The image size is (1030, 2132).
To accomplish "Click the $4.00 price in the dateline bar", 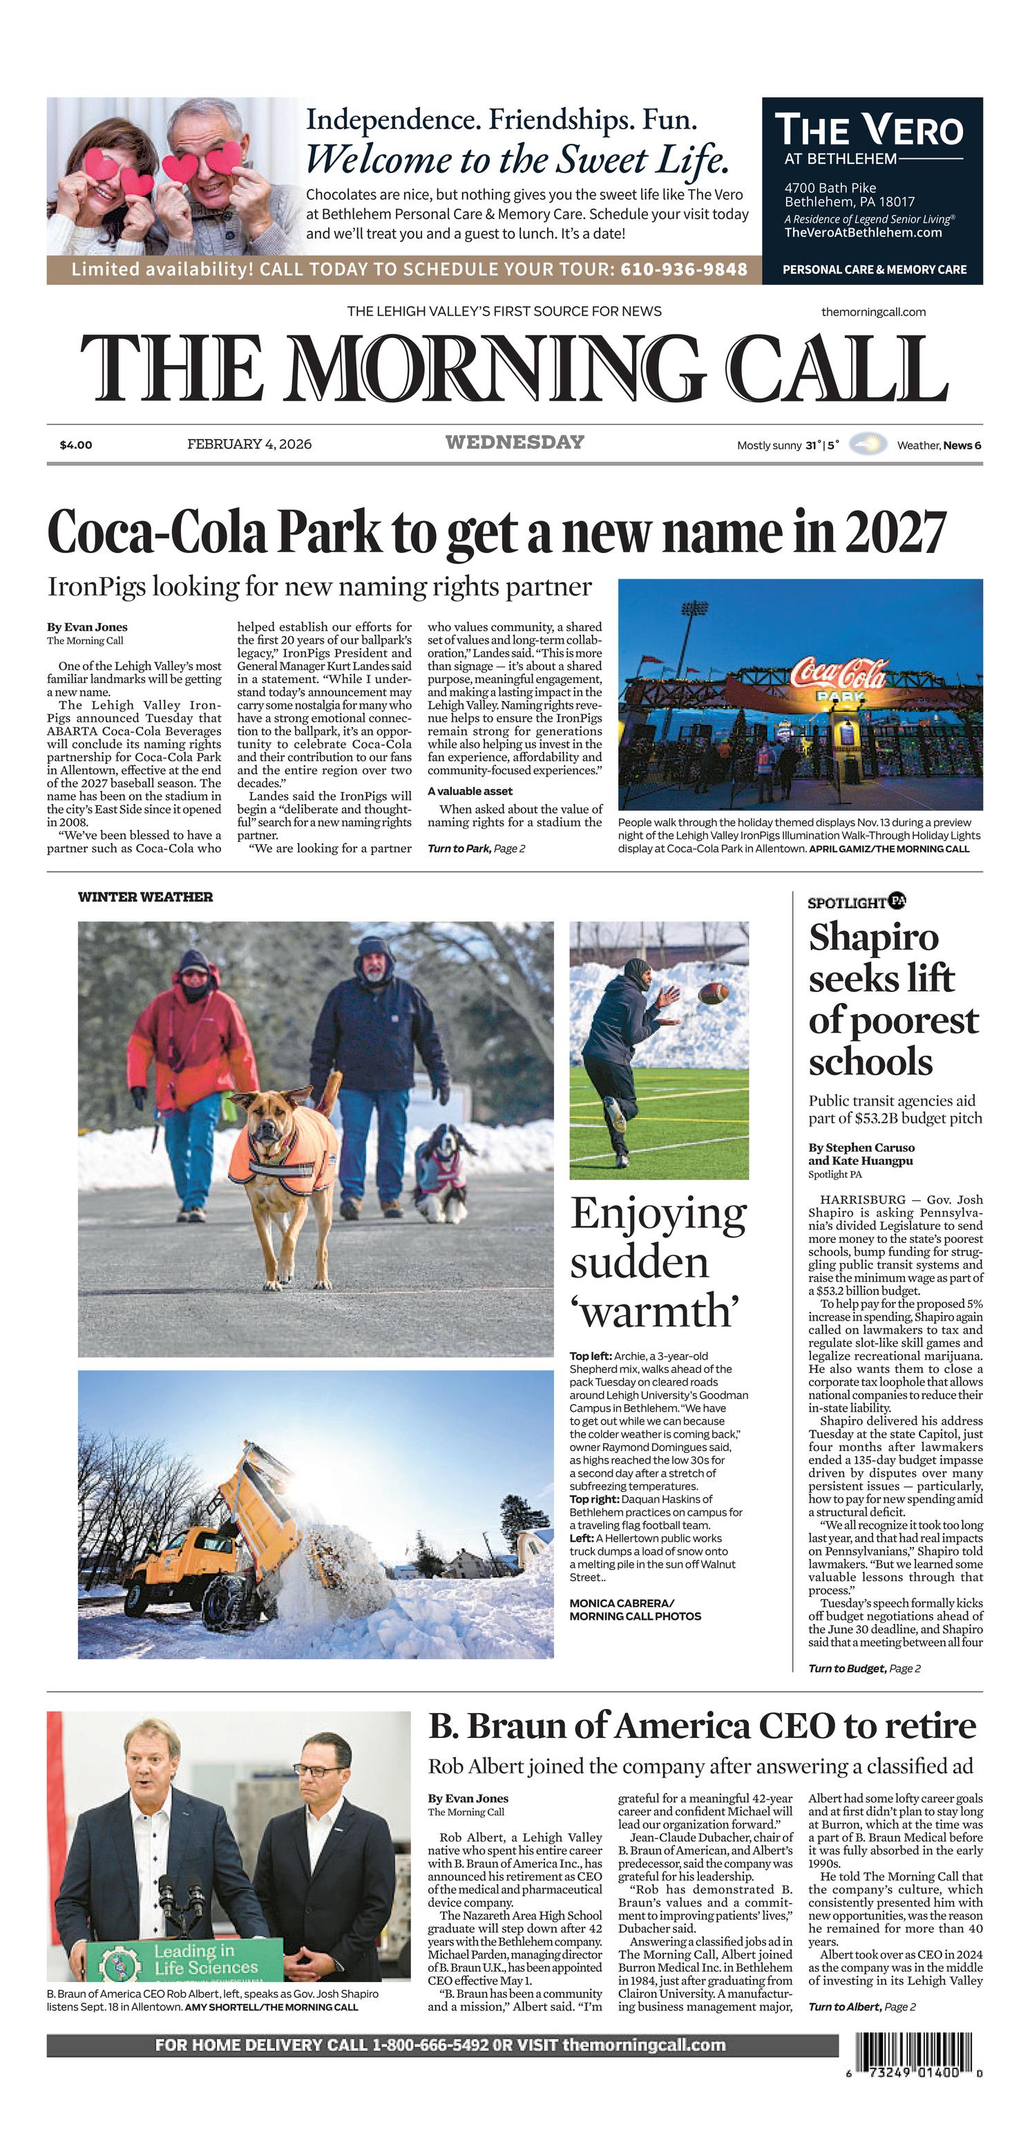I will tap(76, 445).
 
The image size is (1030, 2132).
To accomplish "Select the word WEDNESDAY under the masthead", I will tap(515, 443).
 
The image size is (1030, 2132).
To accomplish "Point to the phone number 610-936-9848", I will tap(683, 270).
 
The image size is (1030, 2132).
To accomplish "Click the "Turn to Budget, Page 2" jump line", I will tap(864, 1669).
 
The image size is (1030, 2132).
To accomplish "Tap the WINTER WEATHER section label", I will tap(146, 897).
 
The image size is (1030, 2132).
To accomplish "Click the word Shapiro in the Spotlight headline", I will tap(874, 937).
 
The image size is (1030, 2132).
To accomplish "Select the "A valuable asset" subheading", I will tap(470, 792).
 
